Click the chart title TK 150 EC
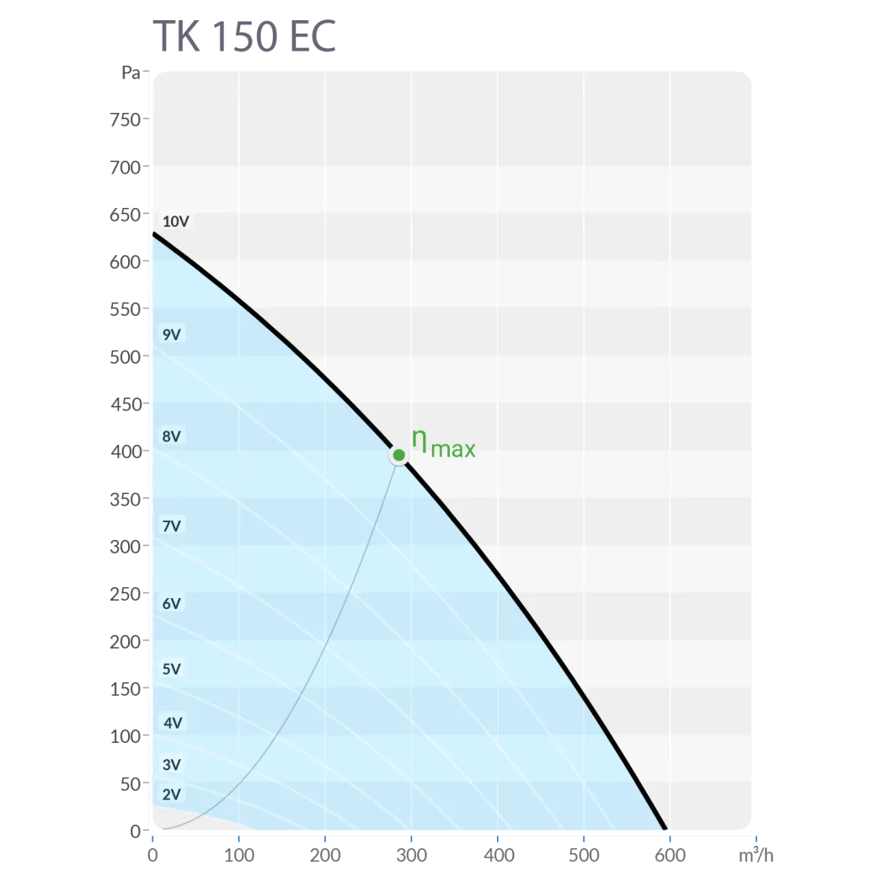click(244, 35)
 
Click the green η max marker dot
click(399, 455)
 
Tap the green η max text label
click(443, 443)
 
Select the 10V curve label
click(176, 222)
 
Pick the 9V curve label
click(172, 334)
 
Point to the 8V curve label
click(172, 436)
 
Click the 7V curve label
click(172, 526)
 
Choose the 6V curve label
click(172, 603)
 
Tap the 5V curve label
click(172, 669)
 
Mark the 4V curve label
click(173, 722)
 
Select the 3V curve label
click(172, 765)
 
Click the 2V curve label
click(172, 794)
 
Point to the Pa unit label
click(131, 72)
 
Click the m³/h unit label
click(755, 856)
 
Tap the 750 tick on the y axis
click(125, 120)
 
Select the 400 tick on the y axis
click(125, 452)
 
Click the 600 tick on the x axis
click(670, 856)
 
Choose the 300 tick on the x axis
click(411, 856)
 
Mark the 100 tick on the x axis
click(238, 856)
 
